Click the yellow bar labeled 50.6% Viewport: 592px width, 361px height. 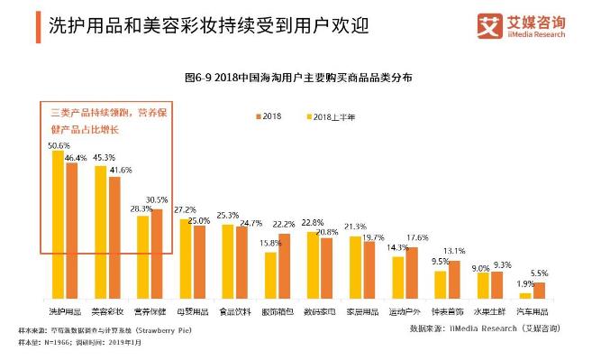[x=57, y=225]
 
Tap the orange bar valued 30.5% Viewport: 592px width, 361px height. [x=156, y=254]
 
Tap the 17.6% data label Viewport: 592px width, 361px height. [x=417, y=238]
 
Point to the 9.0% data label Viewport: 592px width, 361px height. [x=481, y=267]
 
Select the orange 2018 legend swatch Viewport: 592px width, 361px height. [x=257, y=117]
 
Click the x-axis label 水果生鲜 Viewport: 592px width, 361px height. [x=489, y=311]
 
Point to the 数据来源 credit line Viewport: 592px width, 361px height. [x=478, y=329]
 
